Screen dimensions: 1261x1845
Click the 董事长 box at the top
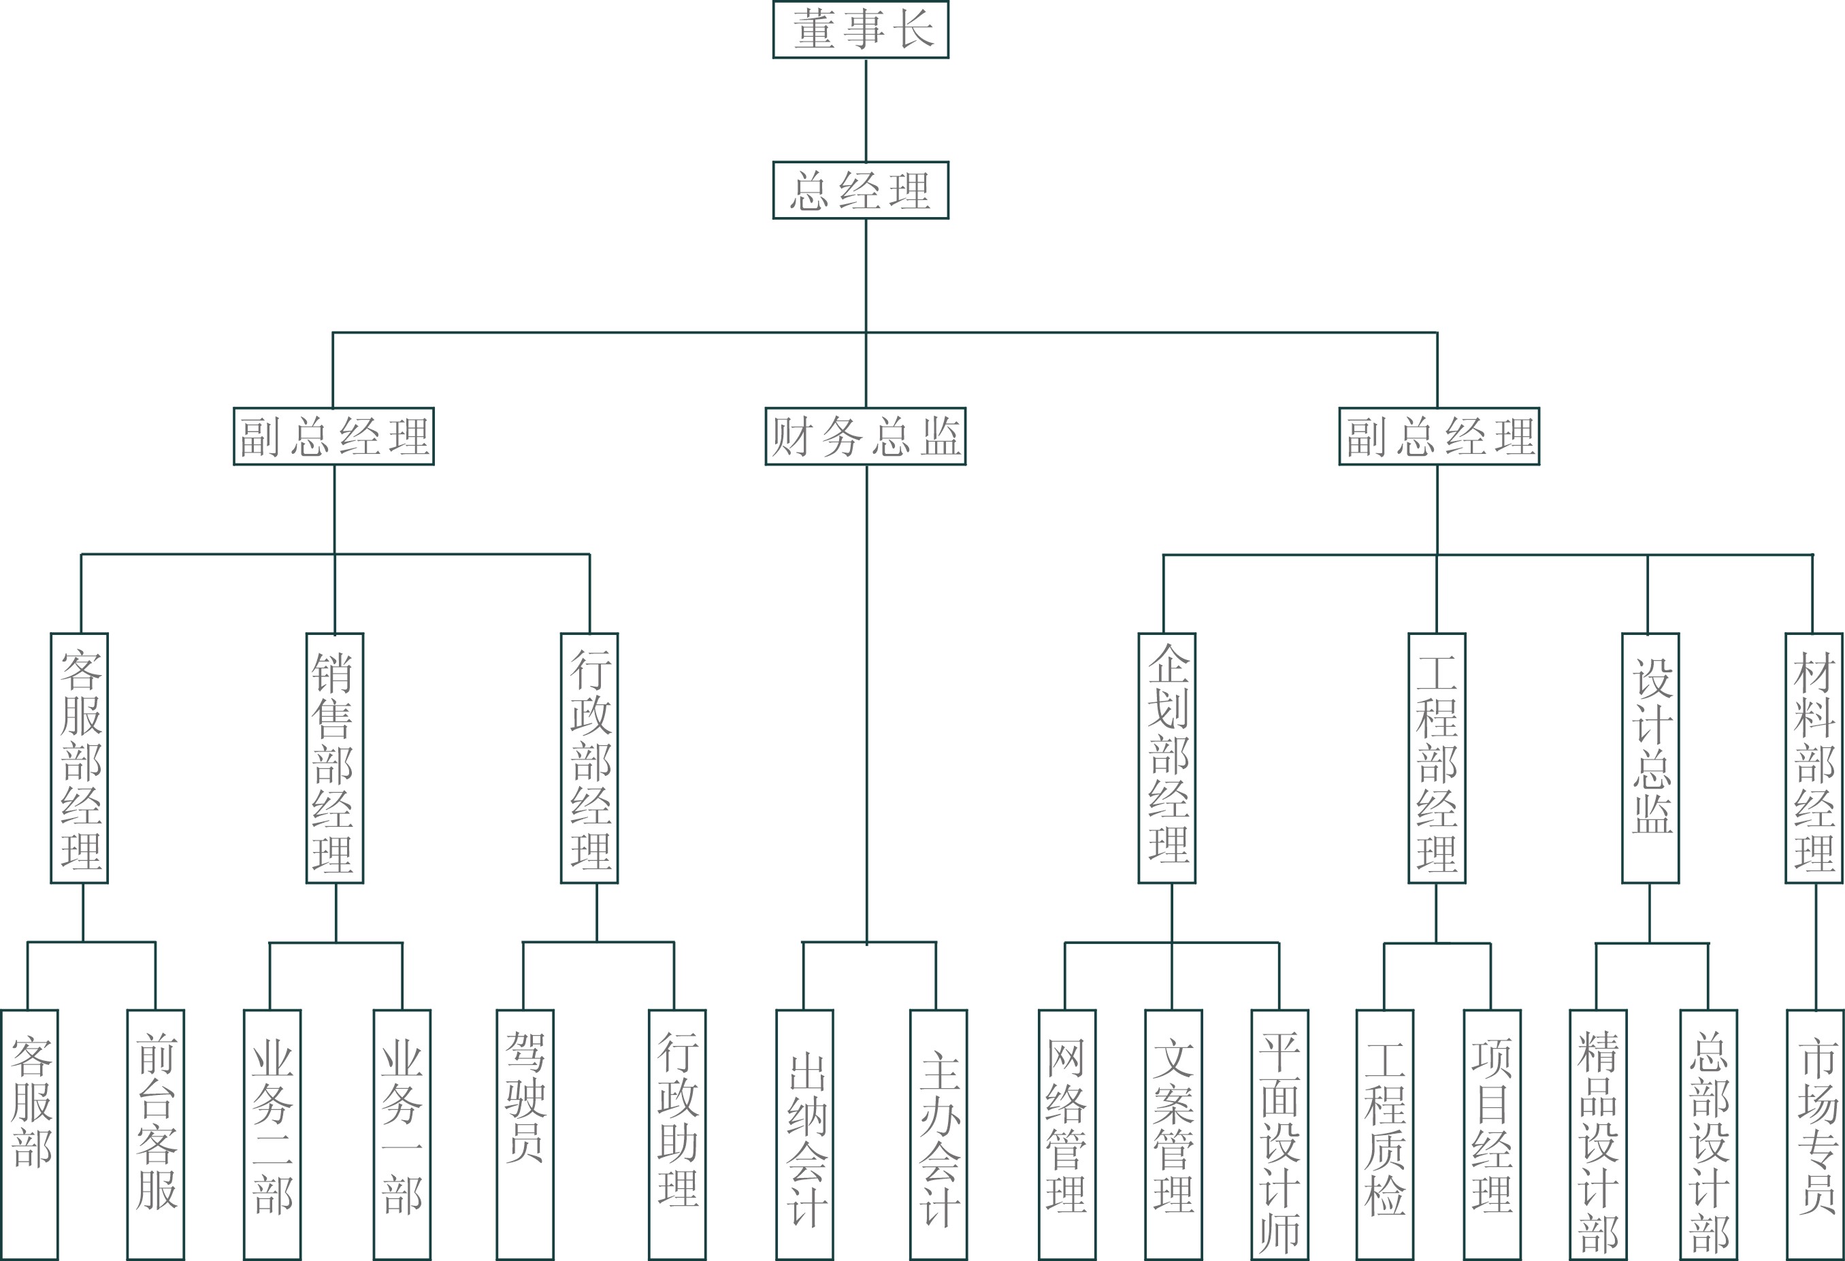(x=861, y=30)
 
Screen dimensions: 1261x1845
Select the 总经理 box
(x=861, y=191)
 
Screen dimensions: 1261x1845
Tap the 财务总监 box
(x=866, y=436)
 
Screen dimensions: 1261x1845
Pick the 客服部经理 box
(x=80, y=758)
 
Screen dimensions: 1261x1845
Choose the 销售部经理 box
(x=335, y=758)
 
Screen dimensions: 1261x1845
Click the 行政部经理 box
(x=590, y=758)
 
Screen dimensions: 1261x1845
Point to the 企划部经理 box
(x=1167, y=758)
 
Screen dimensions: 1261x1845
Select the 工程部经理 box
(x=1437, y=758)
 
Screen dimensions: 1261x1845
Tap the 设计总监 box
(x=1650, y=758)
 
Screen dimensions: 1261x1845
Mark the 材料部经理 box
(x=1814, y=758)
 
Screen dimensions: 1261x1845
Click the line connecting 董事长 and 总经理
(x=866, y=110)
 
